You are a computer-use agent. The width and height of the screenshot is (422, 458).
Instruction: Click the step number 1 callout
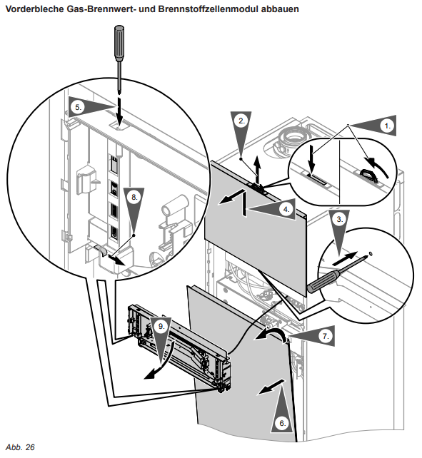coord(388,126)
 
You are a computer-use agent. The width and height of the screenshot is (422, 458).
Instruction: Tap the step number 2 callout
coord(241,121)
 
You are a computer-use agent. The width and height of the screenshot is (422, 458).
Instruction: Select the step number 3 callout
coord(339,219)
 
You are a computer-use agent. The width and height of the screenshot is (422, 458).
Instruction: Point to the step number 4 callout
coord(286,209)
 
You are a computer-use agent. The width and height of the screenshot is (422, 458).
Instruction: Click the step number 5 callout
coord(78,107)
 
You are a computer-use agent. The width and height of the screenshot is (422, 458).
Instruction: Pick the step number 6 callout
coord(282,423)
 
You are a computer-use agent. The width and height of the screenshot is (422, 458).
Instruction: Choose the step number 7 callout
coord(326,336)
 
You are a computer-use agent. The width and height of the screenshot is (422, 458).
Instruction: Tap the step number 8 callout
coord(134,197)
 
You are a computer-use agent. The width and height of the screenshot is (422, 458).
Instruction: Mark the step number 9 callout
coord(161,326)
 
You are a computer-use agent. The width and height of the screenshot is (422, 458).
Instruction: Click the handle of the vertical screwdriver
coord(119,44)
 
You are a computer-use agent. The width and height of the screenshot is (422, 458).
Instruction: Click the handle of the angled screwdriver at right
coord(323,280)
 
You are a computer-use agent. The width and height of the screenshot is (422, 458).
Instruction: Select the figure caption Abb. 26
coord(20,447)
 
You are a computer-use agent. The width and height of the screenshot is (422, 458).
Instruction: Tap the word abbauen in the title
coord(280,9)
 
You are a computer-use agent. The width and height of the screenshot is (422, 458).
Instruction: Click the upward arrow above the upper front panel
coord(257,170)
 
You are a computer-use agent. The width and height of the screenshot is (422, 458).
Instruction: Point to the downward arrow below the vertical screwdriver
coord(119,112)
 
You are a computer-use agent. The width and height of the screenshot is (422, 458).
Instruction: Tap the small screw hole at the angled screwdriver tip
coord(371,253)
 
